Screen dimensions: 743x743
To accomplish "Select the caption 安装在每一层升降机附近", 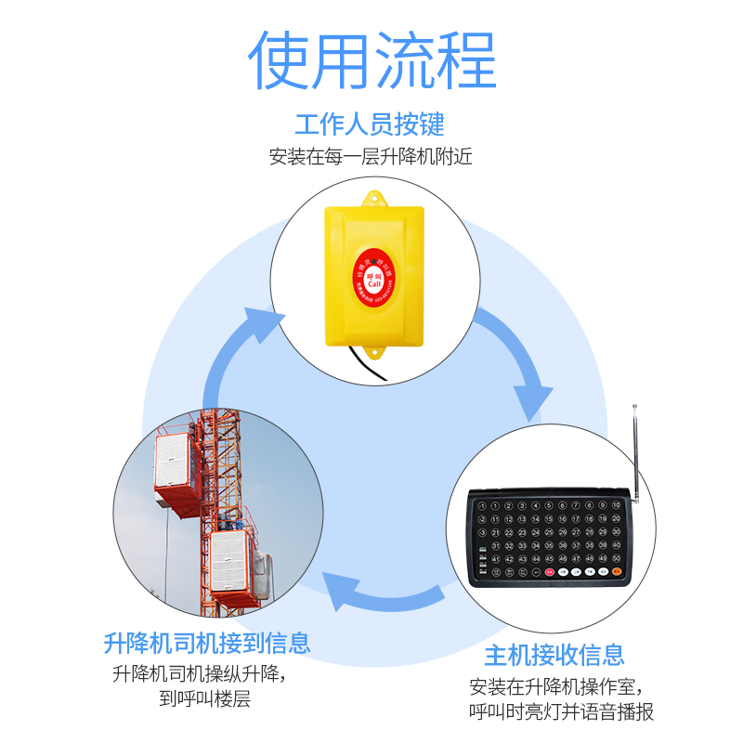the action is tap(371, 156).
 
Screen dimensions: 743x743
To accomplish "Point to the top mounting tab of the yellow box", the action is tap(375, 198).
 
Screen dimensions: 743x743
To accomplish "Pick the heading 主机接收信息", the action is tap(554, 655).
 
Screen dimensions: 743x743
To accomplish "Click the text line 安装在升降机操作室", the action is tap(554, 687).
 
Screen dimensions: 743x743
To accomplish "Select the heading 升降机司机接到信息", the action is tap(207, 642).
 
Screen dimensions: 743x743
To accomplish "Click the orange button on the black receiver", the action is tap(617, 572).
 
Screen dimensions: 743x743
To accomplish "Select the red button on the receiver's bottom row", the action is tap(550, 572).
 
